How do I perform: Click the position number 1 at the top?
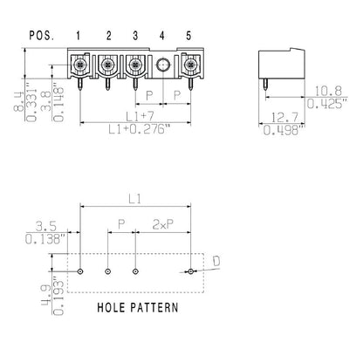(80, 36)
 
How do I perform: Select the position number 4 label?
(162, 36)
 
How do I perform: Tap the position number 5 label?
(189, 36)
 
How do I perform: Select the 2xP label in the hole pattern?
(163, 223)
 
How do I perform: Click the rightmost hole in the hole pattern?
(190, 272)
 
